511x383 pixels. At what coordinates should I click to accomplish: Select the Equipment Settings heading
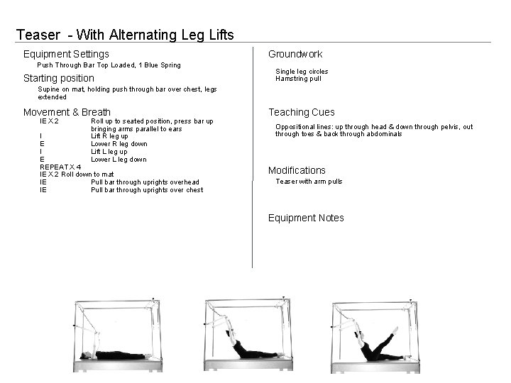tap(66, 54)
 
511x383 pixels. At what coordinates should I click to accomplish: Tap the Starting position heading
tap(58, 78)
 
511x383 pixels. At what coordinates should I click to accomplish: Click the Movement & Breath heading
tap(67, 112)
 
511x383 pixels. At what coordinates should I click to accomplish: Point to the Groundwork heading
tap(295, 54)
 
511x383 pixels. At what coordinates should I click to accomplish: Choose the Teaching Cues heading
tap(301, 112)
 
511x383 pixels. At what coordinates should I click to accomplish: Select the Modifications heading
tap(297, 170)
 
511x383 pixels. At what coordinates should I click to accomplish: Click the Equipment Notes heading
tap(306, 218)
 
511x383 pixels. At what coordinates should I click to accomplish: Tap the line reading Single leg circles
tap(302, 72)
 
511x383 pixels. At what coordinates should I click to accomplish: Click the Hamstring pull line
tap(298, 79)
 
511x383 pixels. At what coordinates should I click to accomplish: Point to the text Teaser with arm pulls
tap(309, 182)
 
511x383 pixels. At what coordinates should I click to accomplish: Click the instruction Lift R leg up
tap(109, 136)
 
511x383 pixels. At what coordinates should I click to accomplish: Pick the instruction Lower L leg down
tap(119, 159)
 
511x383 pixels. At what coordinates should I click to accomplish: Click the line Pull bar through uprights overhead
tap(145, 182)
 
